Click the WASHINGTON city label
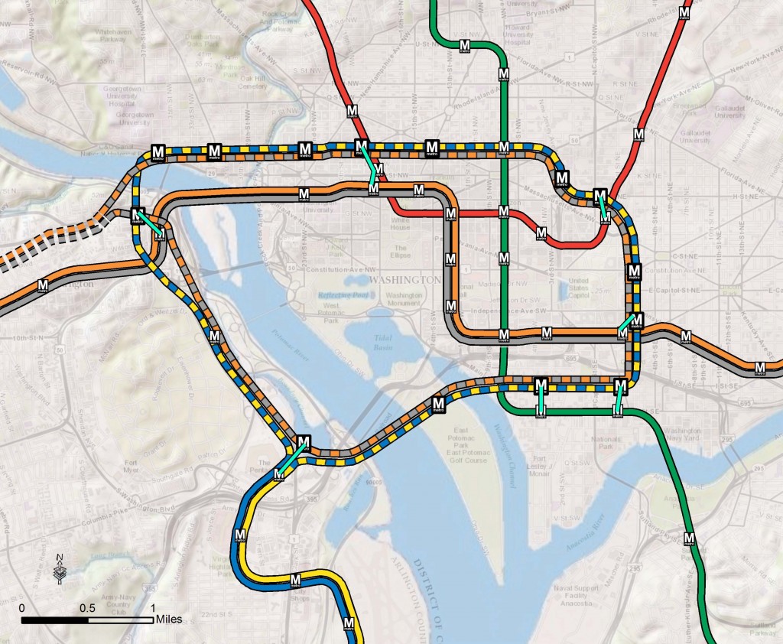coord(404,280)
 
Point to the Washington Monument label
coord(404,299)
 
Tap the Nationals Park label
coord(606,442)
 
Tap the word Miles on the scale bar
coord(169,620)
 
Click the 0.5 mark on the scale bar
coord(87,607)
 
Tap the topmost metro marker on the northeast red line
coord(685,13)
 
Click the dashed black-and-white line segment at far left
coord(46,237)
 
